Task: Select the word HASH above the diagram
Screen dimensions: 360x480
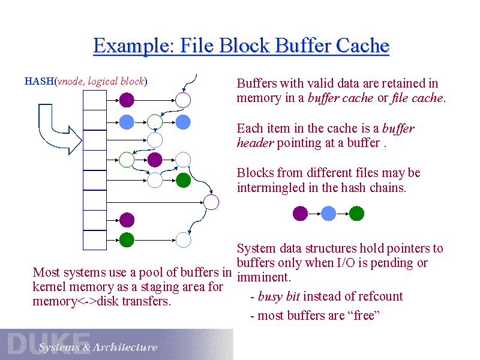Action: [x=38, y=81]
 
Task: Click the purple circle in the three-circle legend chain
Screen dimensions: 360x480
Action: [x=300, y=214]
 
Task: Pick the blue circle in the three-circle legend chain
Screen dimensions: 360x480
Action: [x=328, y=214]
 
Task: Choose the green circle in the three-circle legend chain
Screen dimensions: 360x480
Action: [x=356, y=214]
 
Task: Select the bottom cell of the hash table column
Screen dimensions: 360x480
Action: [x=94, y=240]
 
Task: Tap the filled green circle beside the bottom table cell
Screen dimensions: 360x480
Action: [x=127, y=240]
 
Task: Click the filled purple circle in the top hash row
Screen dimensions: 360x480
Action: [x=127, y=100]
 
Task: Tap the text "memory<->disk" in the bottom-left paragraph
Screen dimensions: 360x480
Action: [x=76, y=301]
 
